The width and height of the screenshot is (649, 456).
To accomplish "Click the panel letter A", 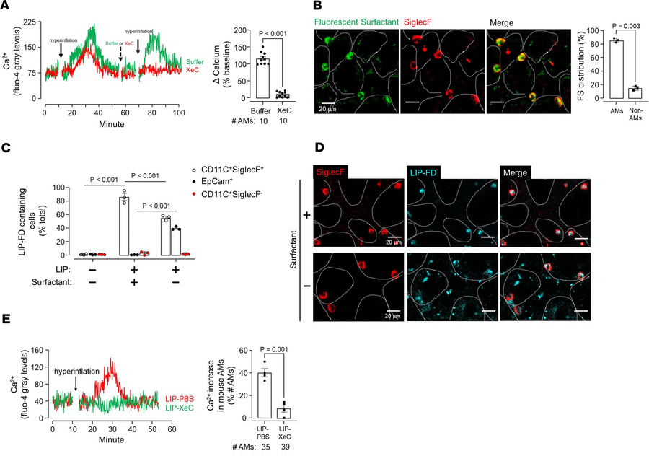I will [x=6, y=6].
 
